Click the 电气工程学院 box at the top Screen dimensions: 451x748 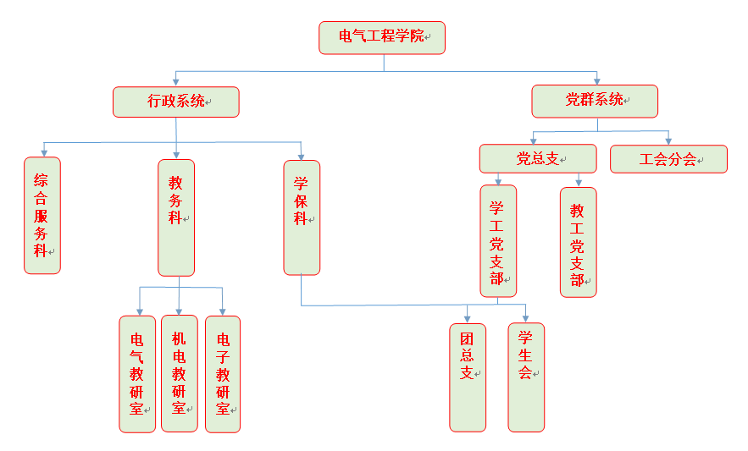point(382,38)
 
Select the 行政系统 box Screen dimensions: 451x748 point(176,102)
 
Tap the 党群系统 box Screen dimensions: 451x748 point(595,101)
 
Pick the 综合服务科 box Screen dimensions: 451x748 point(42,215)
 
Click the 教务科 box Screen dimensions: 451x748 point(176,217)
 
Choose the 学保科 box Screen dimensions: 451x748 point(302,217)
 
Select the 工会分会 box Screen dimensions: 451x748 point(668,159)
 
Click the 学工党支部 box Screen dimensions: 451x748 point(498,241)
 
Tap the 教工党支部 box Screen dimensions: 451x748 point(579,242)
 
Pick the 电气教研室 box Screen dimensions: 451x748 point(137,373)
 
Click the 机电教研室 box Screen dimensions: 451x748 point(180,373)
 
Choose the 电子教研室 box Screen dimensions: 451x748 point(223,373)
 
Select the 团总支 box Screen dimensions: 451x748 point(468,377)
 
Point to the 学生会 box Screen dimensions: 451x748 point(526,377)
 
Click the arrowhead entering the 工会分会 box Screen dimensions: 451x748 point(668,140)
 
